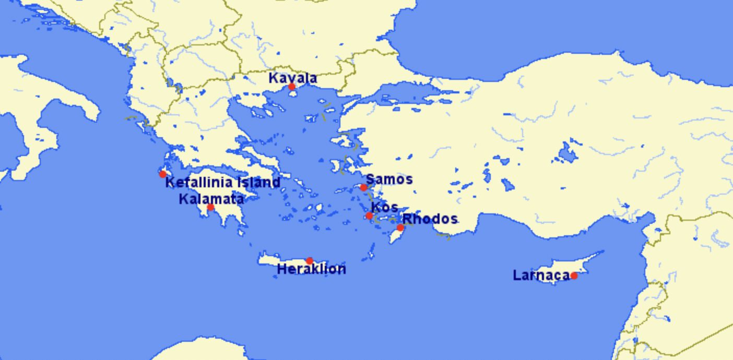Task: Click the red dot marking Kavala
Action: pyautogui.click(x=291, y=87)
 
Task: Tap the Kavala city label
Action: pyautogui.click(x=292, y=78)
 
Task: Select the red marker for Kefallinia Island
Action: pyautogui.click(x=163, y=174)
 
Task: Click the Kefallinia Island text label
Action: pyautogui.click(x=223, y=183)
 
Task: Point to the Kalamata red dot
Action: pyautogui.click(x=210, y=208)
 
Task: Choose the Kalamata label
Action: pyautogui.click(x=211, y=199)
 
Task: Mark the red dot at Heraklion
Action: pyautogui.click(x=310, y=261)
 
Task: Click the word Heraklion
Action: pyautogui.click(x=311, y=269)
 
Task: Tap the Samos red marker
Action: pyautogui.click(x=363, y=187)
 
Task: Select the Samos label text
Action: pyautogui.click(x=389, y=179)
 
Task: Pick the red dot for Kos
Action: pyautogui.click(x=369, y=215)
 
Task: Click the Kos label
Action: pyautogui.click(x=384, y=207)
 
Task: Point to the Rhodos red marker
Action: pyautogui.click(x=400, y=227)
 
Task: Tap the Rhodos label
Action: pyautogui.click(x=430, y=219)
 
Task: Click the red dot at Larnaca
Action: pyautogui.click(x=574, y=275)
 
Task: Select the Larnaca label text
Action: pyautogui.click(x=541, y=275)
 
